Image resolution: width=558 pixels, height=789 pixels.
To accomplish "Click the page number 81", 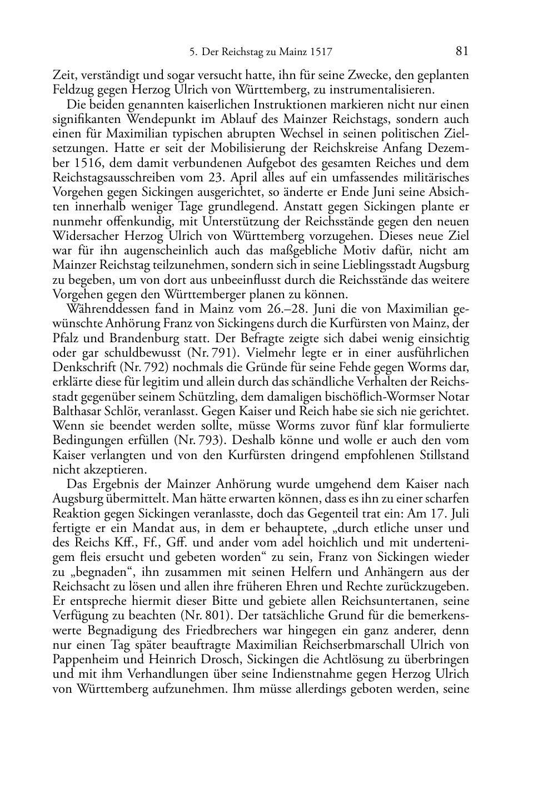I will [462, 51].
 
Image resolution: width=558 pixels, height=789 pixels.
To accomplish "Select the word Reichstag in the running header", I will [239, 53].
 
